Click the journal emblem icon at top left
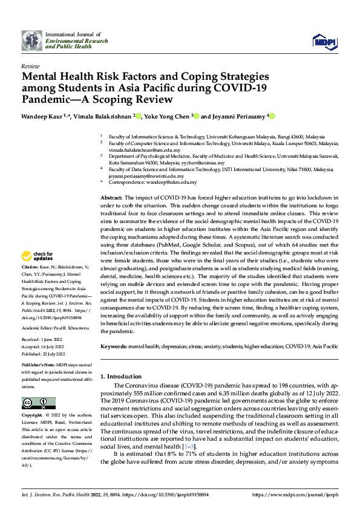pos(31,41)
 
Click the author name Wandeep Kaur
pos(44,117)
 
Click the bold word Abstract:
pos(111,198)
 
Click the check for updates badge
pos(39,256)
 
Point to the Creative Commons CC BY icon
pos(39,403)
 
